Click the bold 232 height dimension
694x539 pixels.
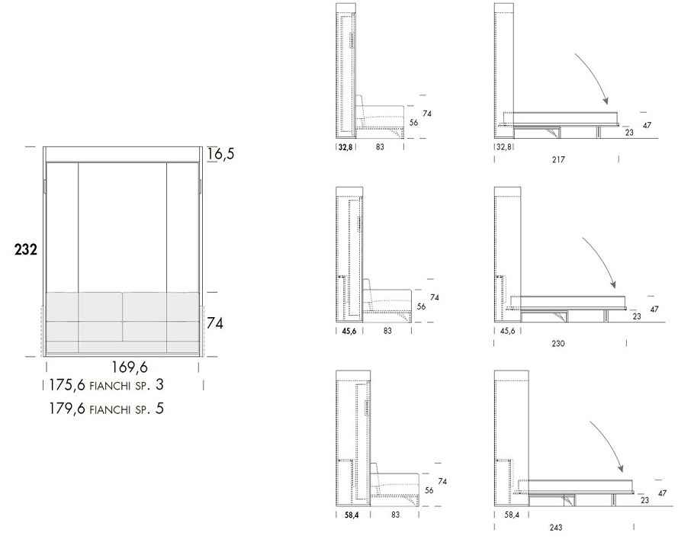tap(26, 249)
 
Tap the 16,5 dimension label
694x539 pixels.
tap(221, 154)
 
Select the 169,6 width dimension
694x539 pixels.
tap(130, 367)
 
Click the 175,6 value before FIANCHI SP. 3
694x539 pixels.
tap(67, 385)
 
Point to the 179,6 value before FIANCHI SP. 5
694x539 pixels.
tap(67, 408)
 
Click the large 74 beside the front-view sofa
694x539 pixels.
tap(215, 323)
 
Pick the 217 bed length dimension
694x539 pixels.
tap(558, 159)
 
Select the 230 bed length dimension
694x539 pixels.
tap(558, 343)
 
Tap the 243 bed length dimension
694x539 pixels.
tap(556, 527)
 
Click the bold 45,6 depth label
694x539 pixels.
tap(349, 331)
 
